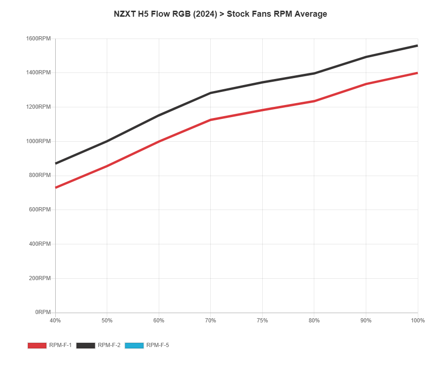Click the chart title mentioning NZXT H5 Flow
pos(220,14)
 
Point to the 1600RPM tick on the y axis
pos(39,39)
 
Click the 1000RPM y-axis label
pos(39,141)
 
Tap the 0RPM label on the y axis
pos(43,312)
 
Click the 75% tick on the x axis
pos(262,321)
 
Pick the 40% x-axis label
pos(55,321)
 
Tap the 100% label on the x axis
pos(418,321)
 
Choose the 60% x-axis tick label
pos(159,321)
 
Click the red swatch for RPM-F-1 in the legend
pos(37,346)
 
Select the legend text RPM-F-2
pos(109,346)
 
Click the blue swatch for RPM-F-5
pos(135,346)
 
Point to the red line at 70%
pos(211,120)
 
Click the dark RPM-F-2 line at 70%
pos(211,93)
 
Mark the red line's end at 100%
pos(417,73)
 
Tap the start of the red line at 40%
pos(56,188)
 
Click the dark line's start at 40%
pos(56,164)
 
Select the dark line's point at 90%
pos(366,57)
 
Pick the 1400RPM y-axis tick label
pos(39,72)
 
